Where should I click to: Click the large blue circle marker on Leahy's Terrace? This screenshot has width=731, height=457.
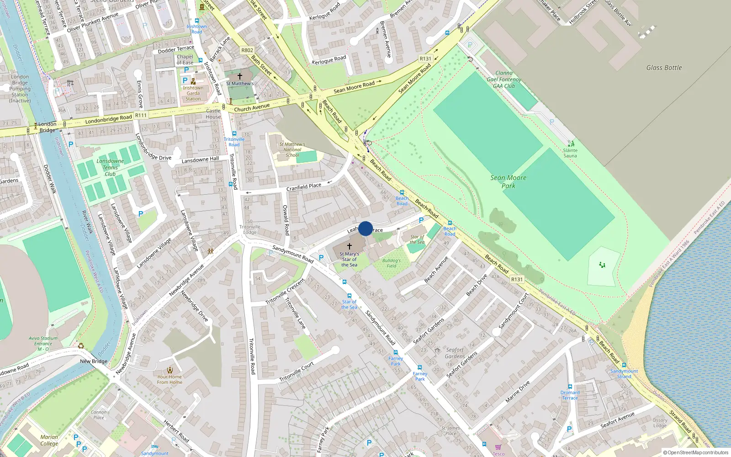(365, 228)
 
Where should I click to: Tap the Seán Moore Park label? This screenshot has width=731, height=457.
(508, 181)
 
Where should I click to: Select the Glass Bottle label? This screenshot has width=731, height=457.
(663, 68)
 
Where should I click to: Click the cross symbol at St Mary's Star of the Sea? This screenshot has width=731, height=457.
(350, 246)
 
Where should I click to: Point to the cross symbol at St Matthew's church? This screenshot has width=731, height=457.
(239, 76)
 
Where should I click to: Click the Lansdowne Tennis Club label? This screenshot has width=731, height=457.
(110, 167)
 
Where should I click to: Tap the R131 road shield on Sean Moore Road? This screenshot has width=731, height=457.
(425, 58)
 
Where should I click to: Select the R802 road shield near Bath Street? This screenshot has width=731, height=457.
(247, 50)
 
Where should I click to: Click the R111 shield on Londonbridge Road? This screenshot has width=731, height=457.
(141, 115)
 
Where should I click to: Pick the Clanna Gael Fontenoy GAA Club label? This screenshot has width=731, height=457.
(504, 79)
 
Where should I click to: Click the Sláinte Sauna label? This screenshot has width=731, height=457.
(570, 153)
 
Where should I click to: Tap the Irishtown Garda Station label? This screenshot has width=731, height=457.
(193, 93)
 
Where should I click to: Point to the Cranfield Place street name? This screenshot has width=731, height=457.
(304, 187)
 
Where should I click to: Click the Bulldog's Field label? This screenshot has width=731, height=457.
(391, 263)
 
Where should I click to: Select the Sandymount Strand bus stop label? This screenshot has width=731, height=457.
(624, 373)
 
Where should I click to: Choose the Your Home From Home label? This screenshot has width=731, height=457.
(170, 379)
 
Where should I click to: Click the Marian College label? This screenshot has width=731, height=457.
(49, 440)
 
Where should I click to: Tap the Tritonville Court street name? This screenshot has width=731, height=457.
(297, 372)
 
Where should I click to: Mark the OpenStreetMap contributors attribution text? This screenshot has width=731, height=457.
(695, 452)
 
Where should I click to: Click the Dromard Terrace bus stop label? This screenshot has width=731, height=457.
(570, 395)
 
